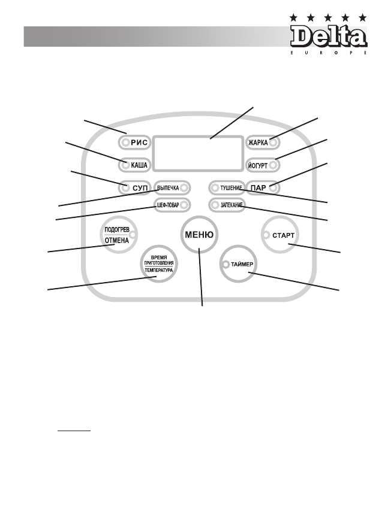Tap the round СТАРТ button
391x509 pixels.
tap(282, 235)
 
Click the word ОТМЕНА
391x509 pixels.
tap(116, 241)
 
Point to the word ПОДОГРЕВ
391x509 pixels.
tap(116, 229)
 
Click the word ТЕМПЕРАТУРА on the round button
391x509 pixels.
tap(158, 270)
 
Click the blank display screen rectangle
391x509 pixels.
tap(198, 153)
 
